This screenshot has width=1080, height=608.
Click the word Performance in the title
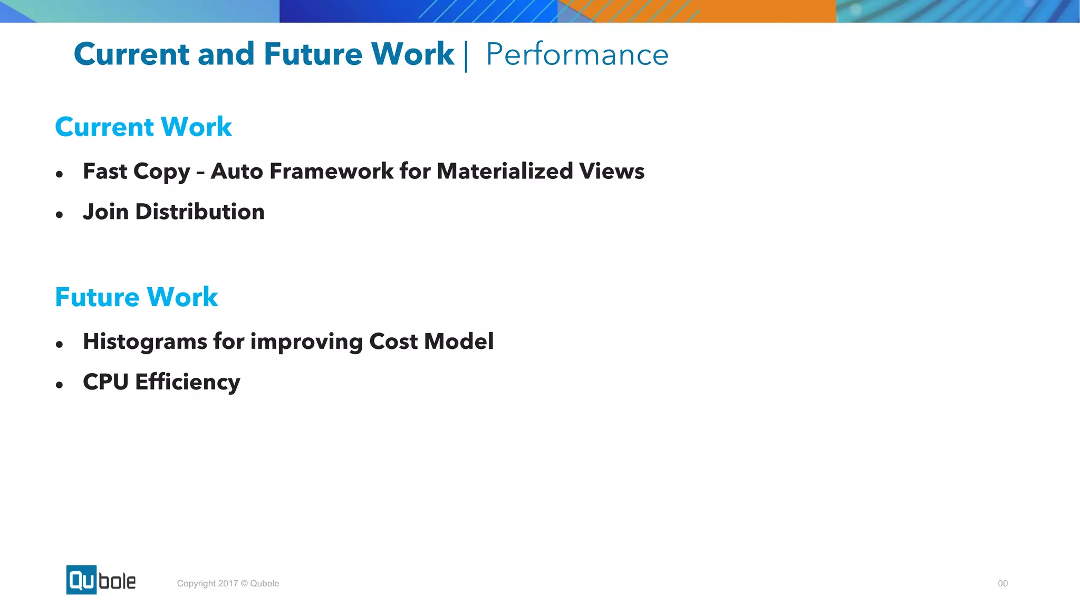[577, 54]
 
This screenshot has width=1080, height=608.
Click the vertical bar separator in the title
[466, 56]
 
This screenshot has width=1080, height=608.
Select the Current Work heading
[143, 127]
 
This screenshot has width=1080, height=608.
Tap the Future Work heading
[137, 297]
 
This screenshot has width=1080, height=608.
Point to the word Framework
[331, 171]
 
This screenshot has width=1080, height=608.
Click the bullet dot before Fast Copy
[60, 174]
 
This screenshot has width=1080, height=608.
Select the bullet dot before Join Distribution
[60, 214]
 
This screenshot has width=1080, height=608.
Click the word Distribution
[200, 212]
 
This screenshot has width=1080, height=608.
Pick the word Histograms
[144, 341]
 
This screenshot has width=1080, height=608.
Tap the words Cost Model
[431, 341]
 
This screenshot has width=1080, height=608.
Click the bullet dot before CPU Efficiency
[60, 385]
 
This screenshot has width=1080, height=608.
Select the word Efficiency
[188, 382]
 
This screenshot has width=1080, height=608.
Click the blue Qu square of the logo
[81, 580]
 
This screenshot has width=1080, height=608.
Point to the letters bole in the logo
[117, 581]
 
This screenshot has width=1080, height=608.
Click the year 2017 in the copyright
[228, 583]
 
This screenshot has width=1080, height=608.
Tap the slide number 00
[1002, 583]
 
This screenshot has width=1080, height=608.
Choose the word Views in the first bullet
[612, 171]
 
